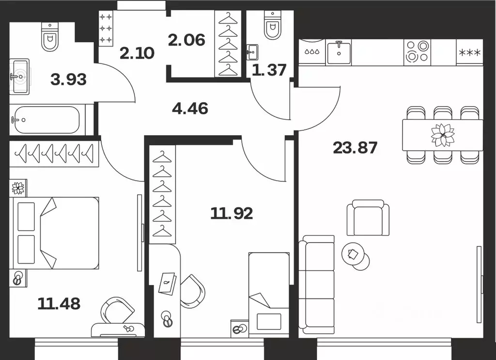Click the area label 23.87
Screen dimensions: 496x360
point(355,148)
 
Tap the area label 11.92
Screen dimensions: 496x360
point(232,214)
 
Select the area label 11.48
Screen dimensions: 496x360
point(59,304)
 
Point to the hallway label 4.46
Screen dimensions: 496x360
point(190,109)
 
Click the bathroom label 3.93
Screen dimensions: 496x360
point(68,79)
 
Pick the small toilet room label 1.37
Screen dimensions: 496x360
point(269,70)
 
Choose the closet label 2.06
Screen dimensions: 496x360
point(186,40)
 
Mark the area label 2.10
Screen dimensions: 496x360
point(137,53)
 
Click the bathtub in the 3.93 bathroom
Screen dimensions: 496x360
point(47,120)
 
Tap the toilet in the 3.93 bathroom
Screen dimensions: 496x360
point(50,36)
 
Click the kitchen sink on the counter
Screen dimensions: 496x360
point(339,52)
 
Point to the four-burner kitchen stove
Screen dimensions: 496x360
point(417,52)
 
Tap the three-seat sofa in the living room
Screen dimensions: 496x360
point(317,285)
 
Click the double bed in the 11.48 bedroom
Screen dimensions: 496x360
point(54,233)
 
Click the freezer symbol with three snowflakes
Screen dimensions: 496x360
point(470,52)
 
